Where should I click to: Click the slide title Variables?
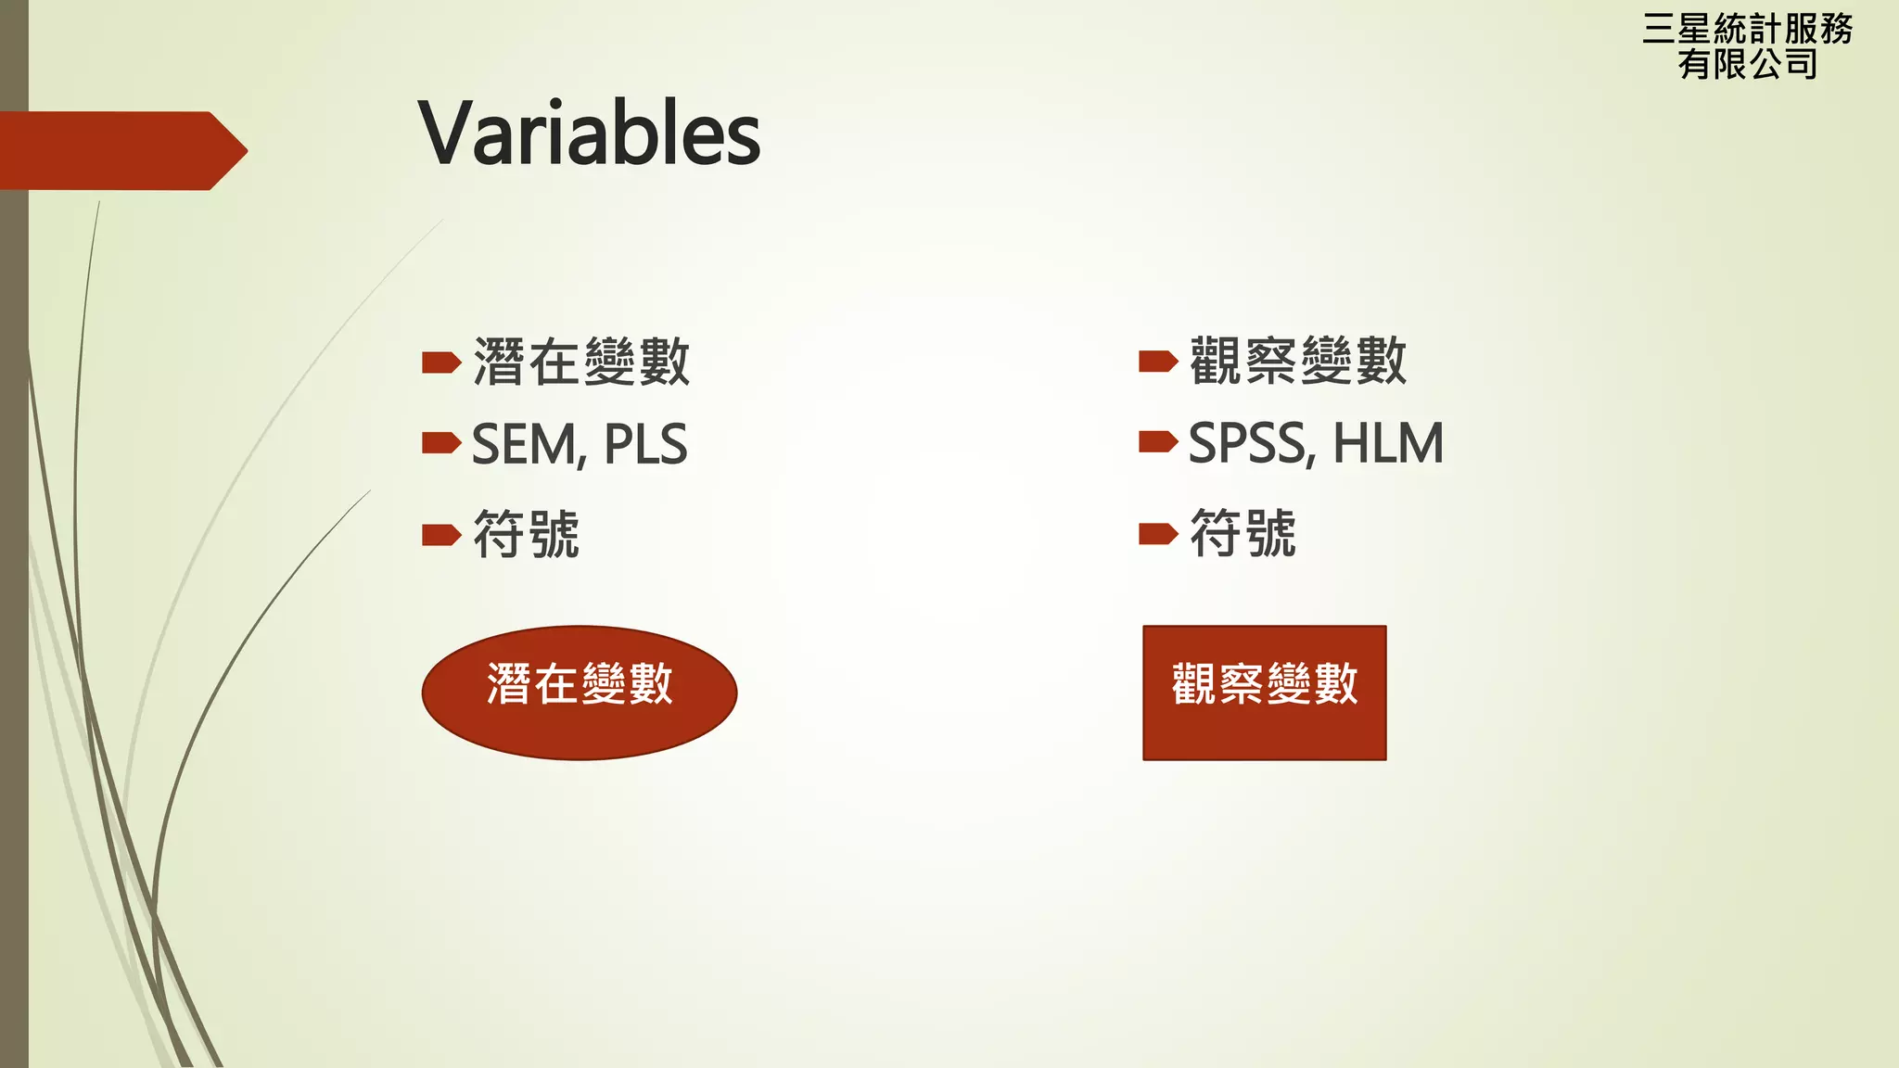(589, 134)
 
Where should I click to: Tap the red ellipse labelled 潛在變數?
(580, 693)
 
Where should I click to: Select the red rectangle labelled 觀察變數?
(1264, 693)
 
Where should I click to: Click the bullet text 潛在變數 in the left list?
(581, 362)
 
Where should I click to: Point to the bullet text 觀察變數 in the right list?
(1298, 361)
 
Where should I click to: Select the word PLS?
(645, 445)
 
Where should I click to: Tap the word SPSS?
(1247, 443)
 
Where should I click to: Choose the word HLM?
(1388, 443)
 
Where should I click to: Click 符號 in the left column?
(526, 534)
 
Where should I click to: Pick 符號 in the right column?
(1243, 533)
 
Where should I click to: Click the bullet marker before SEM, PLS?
(441, 443)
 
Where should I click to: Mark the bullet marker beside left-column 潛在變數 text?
(441, 362)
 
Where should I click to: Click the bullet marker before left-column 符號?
(441, 535)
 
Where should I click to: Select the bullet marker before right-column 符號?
(1158, 533)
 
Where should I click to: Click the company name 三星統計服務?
(1747, 30)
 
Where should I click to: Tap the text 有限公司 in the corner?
(1747, 64)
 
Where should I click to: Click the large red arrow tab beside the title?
(121, 150)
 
